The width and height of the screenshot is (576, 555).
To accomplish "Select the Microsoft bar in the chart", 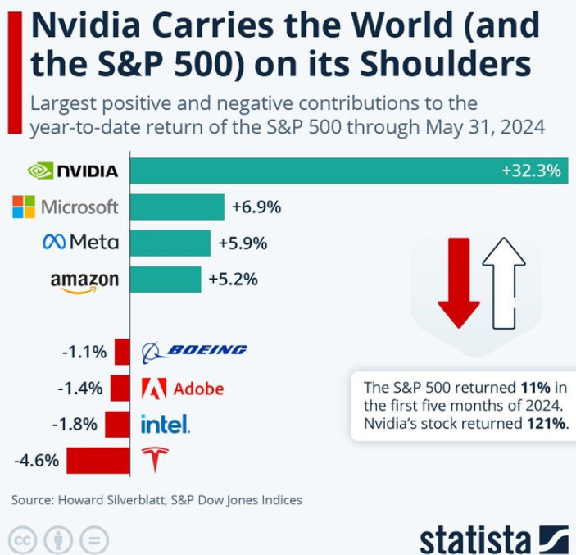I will [x=177, y=207].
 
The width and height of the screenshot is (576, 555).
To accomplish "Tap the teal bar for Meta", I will [x=170, y=243].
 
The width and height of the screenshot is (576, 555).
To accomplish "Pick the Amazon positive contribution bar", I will [x=166, y=279].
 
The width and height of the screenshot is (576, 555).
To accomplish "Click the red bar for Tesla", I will [x=98, y=460].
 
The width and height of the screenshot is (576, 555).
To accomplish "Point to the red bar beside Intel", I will [x=117, y=424].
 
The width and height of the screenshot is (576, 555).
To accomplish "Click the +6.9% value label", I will [x=256, y=207].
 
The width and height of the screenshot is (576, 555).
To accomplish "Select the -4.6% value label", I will [x=36, y=460].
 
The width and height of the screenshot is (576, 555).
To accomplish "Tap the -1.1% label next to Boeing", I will [x=84, y=353].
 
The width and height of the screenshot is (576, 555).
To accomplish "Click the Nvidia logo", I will [x=73, y=171].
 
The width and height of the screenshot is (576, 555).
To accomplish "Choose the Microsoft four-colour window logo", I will [x=23, y=207].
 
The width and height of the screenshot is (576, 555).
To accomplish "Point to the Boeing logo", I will [x=194, y=352].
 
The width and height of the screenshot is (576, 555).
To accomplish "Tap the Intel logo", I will [x=166, y=424].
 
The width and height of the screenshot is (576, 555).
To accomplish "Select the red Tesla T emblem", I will [x=153, y=460].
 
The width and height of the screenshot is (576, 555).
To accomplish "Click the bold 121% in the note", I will [x=548, y=424].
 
